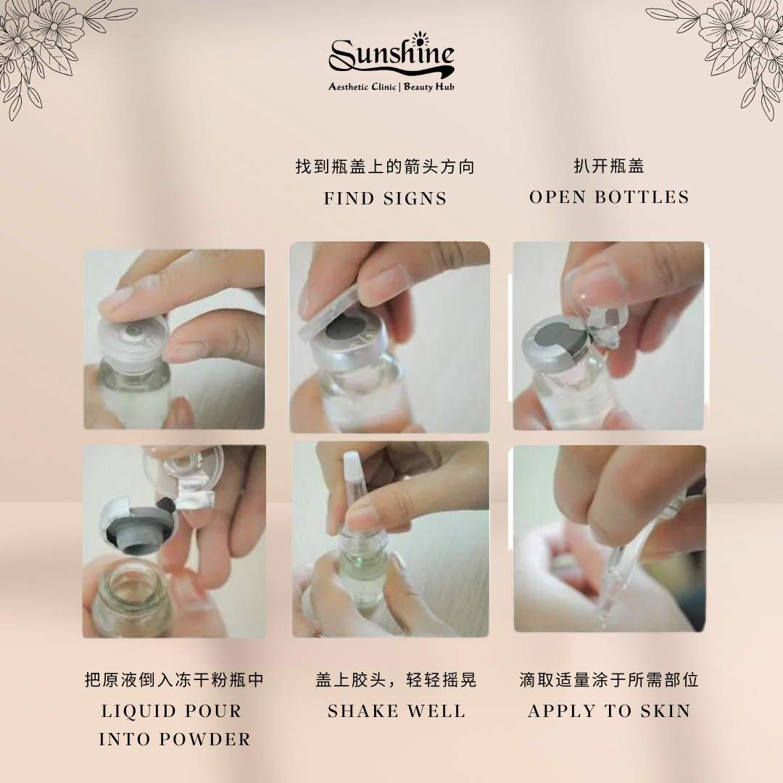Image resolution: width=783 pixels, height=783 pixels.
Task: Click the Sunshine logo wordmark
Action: (x=391, y=56)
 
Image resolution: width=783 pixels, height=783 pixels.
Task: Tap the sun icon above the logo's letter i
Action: (x=420, y=38)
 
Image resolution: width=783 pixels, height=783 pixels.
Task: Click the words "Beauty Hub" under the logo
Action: (x=429, y=87)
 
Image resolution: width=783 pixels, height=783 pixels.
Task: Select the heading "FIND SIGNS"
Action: (x=385, y=199)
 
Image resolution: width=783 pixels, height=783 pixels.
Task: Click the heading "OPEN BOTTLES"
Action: (x=609, y=197)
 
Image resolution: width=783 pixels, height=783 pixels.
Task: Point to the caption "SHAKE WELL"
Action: (x=397, y=711)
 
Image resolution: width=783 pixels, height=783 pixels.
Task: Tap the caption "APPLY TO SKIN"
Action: (x=609, y=711)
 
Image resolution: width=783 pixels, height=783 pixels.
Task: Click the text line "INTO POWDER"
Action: (x=175, y=739)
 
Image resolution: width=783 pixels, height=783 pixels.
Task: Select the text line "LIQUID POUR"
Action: (x=172, y=711)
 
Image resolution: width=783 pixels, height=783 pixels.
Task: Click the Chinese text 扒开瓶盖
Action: (x=609, y=166)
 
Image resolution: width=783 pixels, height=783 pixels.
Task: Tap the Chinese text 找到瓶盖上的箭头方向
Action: (x=385, y=166)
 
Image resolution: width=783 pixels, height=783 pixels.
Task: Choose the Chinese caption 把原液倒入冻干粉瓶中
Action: (x=174, y=679)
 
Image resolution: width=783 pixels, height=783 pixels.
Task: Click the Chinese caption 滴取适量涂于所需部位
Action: (x=609, y=679)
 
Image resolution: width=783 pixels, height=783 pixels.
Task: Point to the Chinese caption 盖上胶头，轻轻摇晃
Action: (x=397, y=679)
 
